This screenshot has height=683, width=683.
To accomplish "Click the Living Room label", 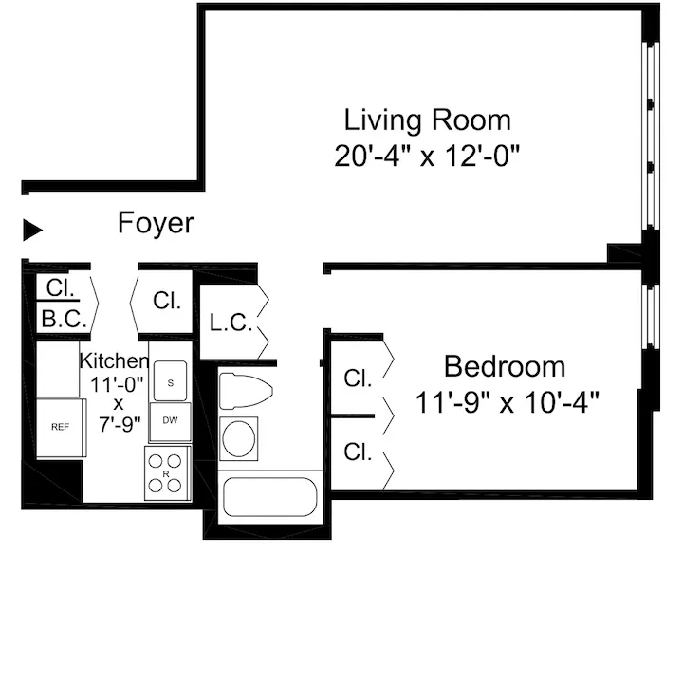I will coord(427,120).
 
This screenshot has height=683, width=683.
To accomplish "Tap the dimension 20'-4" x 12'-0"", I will coord(427,156).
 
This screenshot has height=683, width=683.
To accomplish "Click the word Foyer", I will coord(156,224).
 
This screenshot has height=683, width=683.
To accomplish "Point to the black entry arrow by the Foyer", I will coord(33,229).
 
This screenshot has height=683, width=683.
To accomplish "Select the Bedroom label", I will coord(504,366).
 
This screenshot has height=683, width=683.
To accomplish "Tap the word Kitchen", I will coord(114,361).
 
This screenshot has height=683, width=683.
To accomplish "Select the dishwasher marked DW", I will coord(170,420).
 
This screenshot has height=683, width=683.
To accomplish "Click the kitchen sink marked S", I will coord(170,381).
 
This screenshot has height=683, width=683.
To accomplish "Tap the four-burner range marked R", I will coord(167,473).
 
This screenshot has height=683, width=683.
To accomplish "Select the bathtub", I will coord(268,497).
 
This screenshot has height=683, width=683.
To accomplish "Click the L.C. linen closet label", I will coord(230,323).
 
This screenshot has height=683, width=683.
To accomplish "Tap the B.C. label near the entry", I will coord(63,320).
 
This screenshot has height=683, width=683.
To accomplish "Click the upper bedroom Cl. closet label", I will coord(358,378).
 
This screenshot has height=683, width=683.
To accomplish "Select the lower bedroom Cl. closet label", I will coord(358,452).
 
